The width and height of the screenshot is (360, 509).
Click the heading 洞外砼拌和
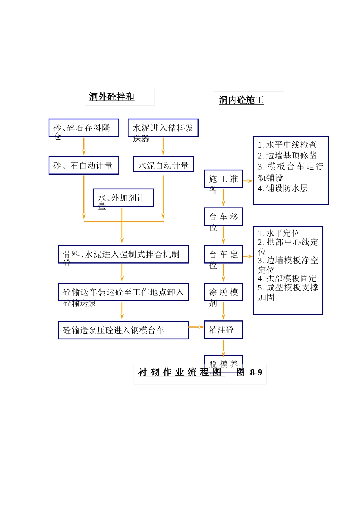(112, 97)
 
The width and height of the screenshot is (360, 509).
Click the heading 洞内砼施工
(241, 100)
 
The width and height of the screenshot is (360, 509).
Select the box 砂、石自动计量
(84, 166)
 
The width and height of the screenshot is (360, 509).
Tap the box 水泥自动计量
(163, 164)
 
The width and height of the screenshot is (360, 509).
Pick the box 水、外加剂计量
(123, 198)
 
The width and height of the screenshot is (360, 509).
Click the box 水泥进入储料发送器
(163, 128)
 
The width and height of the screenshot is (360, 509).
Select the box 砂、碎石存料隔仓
(84, 128)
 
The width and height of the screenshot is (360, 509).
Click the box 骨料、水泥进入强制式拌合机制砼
(123, 254)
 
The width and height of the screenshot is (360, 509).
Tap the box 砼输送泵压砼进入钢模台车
(123, 330)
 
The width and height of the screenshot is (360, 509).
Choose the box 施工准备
(223, 179)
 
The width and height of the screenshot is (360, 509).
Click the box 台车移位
(223, 217)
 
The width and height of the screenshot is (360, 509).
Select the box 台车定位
(223, 254)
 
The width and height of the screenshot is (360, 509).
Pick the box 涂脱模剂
(223, 292)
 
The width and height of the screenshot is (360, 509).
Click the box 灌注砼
(223, 330)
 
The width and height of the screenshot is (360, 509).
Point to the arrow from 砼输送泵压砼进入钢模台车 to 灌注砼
(196, 327)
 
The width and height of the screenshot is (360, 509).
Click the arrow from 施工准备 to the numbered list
(248, 181)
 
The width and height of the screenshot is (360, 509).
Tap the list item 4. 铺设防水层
(283, 188)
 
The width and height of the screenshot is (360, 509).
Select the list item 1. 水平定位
(279, 233)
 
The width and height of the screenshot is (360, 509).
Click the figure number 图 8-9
(249, 372)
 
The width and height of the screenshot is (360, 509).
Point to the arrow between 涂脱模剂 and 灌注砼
(224, 311)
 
